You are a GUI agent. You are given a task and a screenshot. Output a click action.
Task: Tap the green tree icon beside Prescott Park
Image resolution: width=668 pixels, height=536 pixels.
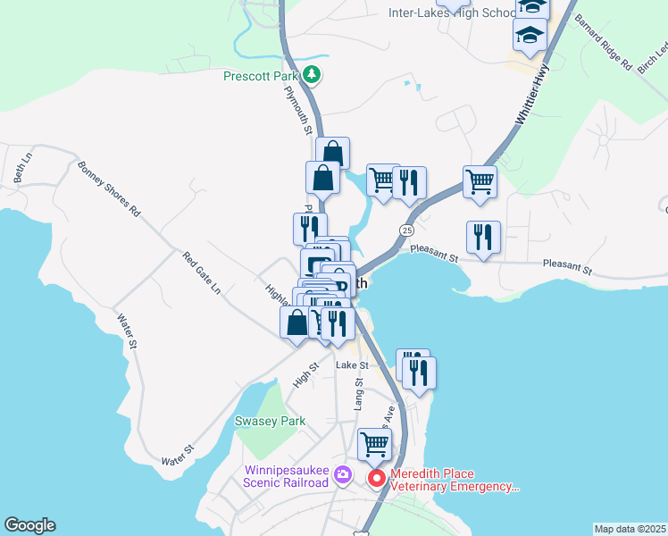point(311,74)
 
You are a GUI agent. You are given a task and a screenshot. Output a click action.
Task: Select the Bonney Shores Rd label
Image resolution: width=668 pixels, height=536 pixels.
point(109,189)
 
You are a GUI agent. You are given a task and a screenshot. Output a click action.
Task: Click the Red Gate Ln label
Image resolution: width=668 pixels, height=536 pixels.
point(201,272)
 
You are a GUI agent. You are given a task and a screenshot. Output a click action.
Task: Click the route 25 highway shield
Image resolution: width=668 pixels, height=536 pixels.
point(406,230)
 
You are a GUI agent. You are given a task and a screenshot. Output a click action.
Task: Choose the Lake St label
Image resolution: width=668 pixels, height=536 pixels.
point(352,365)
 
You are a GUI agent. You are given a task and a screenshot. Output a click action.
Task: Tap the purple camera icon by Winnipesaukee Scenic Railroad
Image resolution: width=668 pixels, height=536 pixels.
point(343,476)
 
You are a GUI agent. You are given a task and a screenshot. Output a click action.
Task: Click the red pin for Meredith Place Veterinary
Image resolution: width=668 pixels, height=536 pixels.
point(377,479)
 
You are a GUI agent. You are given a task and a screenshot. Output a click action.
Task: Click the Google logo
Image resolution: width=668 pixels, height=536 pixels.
point(29,525)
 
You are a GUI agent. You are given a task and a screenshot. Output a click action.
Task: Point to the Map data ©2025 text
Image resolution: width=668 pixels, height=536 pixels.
point(630,529)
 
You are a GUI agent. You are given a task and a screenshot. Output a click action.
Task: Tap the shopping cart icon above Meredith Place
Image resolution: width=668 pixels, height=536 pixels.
point(374,442)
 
